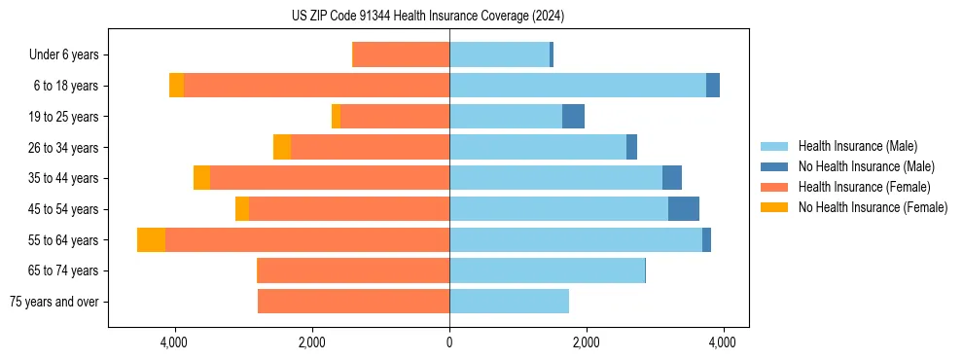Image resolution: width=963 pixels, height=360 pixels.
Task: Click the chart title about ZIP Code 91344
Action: (x=428, y=17)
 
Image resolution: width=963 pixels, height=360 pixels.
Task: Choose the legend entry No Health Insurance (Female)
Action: (x=873, y=207)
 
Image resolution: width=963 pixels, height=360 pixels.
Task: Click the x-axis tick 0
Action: (x=449, y=342)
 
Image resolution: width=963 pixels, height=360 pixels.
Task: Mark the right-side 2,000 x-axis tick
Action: (x=586, y=342)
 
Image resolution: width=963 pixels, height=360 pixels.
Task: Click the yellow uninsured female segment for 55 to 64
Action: (x=151, y=239)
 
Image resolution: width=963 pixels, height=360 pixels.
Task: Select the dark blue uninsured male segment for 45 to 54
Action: (x=684, y=209)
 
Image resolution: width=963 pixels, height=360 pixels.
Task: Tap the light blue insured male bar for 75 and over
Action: (x=509, y=302)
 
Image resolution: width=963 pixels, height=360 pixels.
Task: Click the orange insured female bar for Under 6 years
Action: (x=401, y=54)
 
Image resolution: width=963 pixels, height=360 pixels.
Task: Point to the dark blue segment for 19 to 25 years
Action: (x=573, y=117)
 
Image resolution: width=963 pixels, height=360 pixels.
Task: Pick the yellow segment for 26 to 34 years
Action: (x=282, y=147)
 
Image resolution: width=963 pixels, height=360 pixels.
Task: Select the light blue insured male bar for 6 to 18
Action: (x=578, y=86)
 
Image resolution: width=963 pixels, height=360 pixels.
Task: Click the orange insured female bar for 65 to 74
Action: (x=353, y=270)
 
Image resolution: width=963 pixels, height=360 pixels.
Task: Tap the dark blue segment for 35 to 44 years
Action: (x=672, y=178)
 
